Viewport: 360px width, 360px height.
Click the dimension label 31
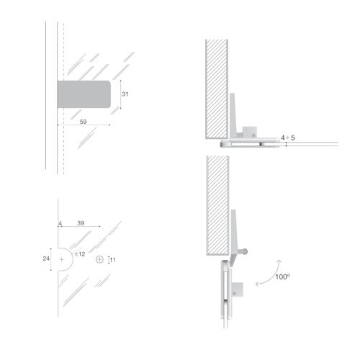[x=125, y=94]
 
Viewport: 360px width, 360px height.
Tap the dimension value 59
[x=83, y=122]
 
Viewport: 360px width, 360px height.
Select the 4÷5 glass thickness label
[x=288, y=138]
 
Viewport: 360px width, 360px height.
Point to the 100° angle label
[x=282, y=277]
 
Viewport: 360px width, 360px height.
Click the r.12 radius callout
[x=80, y=254]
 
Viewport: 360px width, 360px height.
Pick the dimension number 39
[x=81, y=223]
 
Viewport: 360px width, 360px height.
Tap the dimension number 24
[x=46, y=258]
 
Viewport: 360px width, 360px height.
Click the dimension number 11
[x=113, y=260]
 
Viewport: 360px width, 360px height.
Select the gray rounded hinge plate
[x=84, y=94]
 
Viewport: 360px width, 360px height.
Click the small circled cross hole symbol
[x=99, y=259]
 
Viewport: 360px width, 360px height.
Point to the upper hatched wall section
[x=217, y=89]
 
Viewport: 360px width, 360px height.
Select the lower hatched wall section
[x=217, y=205]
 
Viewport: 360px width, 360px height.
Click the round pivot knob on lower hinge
[x=244, y=251]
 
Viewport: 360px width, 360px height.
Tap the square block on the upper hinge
[x=250, y=132]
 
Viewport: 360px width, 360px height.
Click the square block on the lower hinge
[x=237, y=289]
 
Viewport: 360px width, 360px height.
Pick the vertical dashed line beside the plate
[x=63, y=99]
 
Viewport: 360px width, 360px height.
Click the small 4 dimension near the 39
[x=60, y=223]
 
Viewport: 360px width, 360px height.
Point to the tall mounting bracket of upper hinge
[x=233, y=115]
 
